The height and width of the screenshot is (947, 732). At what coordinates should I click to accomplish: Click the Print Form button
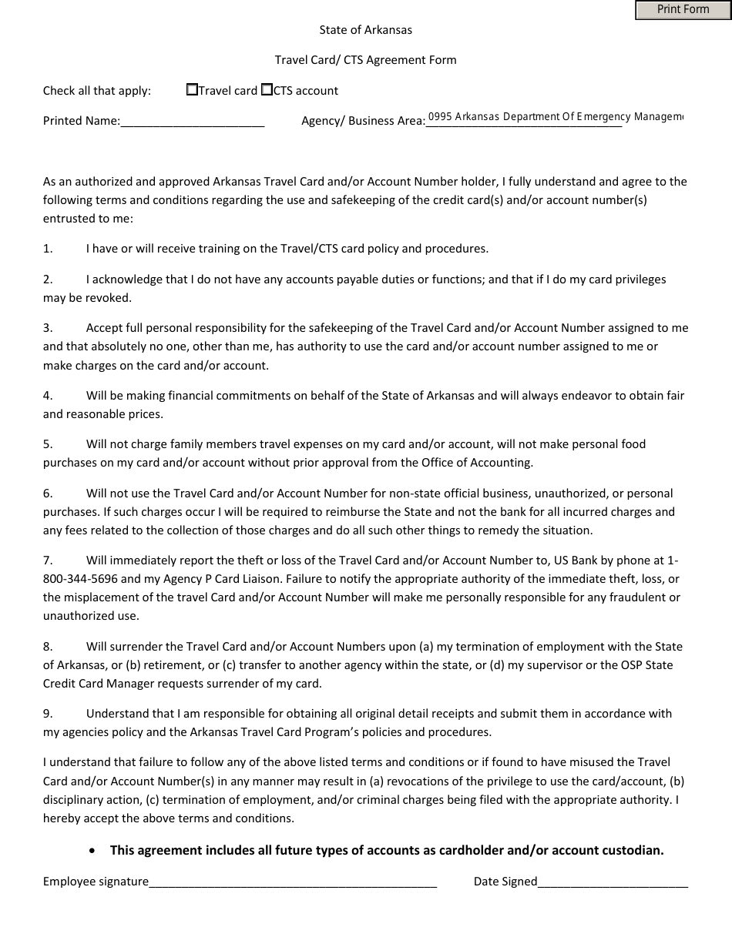click(x=683, y=10)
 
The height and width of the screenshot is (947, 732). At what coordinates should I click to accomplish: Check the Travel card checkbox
click(x=192, y=90)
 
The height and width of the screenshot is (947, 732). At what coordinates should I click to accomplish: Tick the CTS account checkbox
click(x=267, y=90)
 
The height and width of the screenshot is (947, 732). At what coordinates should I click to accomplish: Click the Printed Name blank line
click(x=192, y=122)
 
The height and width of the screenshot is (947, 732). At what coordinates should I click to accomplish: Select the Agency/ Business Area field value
click(x=555, y=117)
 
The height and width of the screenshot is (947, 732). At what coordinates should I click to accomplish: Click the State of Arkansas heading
click(x=366, y=30)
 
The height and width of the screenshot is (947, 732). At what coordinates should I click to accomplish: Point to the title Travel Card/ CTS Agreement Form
click(x=366, y=60)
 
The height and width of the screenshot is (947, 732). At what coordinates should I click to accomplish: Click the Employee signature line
click(x=293, y=882)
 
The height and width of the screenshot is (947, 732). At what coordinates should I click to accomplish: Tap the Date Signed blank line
click(x=613, y=882)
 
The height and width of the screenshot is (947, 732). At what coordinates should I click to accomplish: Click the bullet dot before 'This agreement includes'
click(x=93, y=851)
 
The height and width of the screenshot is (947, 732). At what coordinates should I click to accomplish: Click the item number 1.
click(x=48, y=249)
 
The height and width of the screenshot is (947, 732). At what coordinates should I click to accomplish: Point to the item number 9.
click(x=48, y=714)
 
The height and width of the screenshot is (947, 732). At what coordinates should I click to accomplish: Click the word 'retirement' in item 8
click(x=170, y=665)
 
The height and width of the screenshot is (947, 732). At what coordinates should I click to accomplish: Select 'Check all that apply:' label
click(x=97, y=91)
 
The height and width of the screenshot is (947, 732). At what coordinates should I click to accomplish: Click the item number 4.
click(x=48, y=396)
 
